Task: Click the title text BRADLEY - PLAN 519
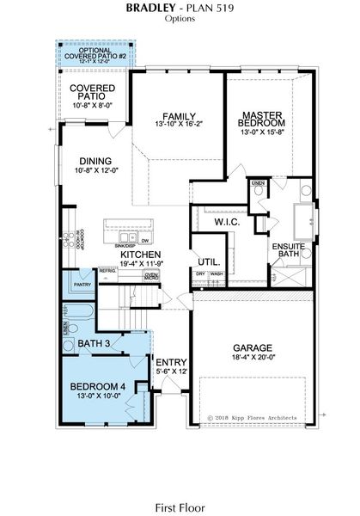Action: [x=180, y=7]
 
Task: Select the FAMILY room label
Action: [x=175, y=117]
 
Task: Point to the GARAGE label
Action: [x=253, y=349]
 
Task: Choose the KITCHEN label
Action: [x=141, y=255]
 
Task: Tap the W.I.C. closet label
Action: [x=227, y=222]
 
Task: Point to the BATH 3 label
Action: [x=95, y=345]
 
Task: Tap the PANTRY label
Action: [x=83, y=283]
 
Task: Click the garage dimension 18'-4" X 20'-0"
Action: [x=253, y=361]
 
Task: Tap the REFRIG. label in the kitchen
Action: [x=107, y=270]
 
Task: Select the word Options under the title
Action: [x=180, y=18]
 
